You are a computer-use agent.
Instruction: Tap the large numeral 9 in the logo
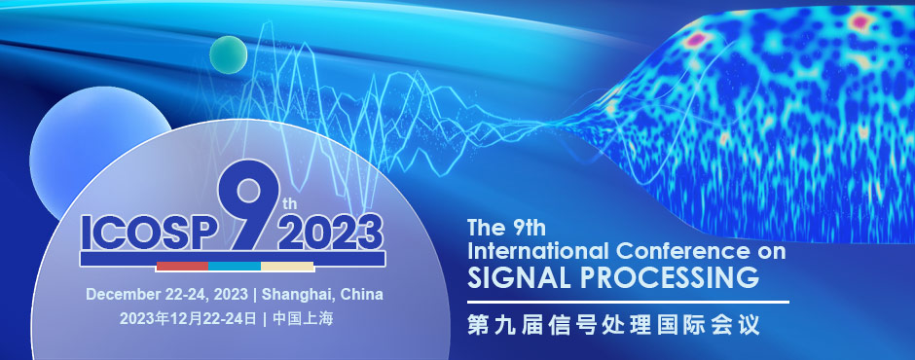[241, 205]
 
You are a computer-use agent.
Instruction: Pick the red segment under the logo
[182, 265]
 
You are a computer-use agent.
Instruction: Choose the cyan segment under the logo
[235, 265]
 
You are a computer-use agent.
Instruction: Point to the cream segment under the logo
[287, 265]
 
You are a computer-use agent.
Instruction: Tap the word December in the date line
[121, 294]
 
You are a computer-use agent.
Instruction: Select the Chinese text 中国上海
[303, 318]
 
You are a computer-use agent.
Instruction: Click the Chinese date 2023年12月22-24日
[188, 318]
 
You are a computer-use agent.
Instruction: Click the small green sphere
[228, 54]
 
